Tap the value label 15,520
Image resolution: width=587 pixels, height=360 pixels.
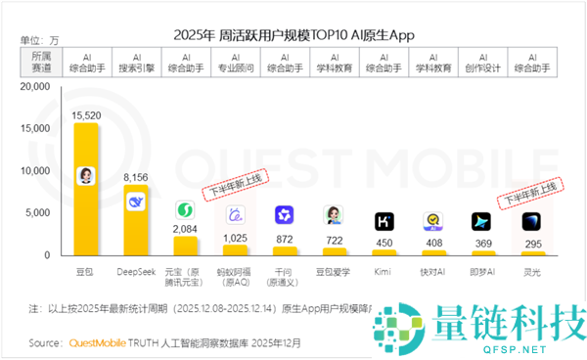coord(87,115)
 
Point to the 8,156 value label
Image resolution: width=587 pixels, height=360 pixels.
coord(137,177)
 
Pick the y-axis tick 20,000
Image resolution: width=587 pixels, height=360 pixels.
coord(34,87)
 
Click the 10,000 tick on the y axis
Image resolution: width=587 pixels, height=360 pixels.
coord(34,170)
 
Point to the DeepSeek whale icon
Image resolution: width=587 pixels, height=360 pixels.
coord(137,202)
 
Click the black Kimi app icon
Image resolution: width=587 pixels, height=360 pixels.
coord(384,221)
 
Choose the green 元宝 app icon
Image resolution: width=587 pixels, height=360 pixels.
coord(186,209)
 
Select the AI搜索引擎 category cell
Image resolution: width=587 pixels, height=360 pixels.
coord(137,64)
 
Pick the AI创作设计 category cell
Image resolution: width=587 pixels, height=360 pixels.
coord(482,64)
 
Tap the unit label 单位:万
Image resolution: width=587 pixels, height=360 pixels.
coord(40,40)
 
